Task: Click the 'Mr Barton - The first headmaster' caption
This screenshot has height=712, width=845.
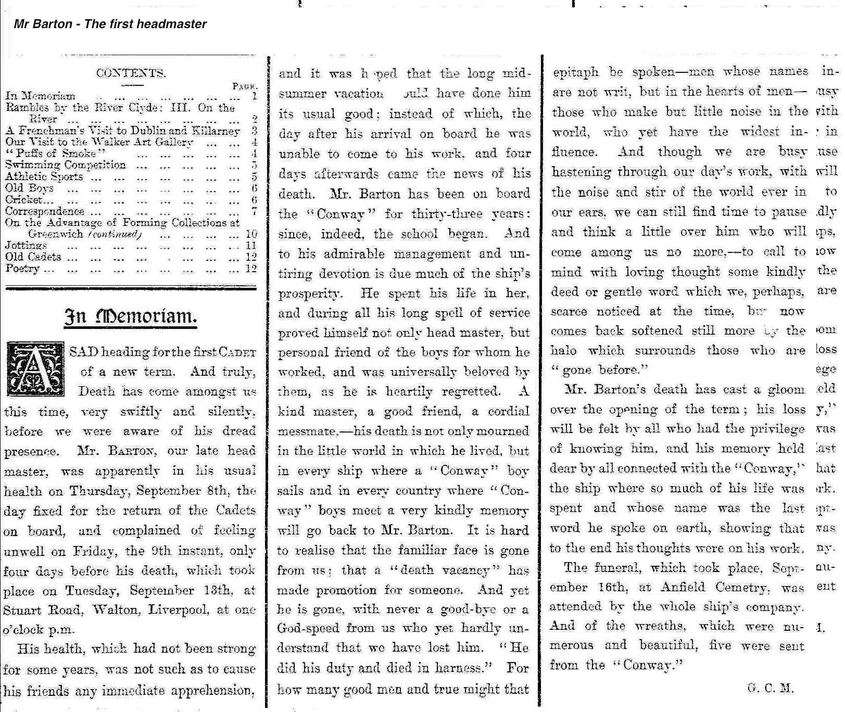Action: coord(110,24)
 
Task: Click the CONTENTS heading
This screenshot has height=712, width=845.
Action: coord(131,73)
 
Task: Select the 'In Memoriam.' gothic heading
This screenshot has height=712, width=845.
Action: coord(130,316)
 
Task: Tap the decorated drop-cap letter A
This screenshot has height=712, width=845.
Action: coord(35,369)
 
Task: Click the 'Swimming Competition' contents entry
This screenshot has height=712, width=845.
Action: coord(66,165)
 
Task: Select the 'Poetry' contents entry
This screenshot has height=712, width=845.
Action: coord(22,269)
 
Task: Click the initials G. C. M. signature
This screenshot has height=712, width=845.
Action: coord(770,688)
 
